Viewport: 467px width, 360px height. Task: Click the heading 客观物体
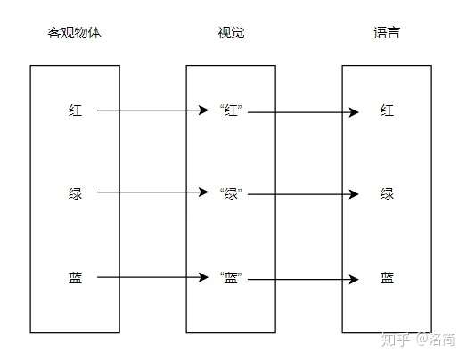[x=75, y=33]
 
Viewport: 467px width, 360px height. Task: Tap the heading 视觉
[x=231, y=33]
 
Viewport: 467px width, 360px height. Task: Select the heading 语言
[x=387, y=33]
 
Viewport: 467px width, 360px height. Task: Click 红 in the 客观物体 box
[x=75, y=111]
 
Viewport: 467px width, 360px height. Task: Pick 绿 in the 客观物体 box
[x=75, y=193]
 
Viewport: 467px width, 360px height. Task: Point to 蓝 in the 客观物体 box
[x=75, y=277]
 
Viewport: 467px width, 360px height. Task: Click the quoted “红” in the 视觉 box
[x=231, y=111]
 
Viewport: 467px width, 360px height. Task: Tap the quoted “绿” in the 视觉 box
[x=231, y=193]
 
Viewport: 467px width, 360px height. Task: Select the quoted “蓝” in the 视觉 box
[x=231, y=277]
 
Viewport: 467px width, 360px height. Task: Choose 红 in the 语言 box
[x=387, y=111]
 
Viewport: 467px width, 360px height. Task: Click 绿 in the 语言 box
[x=387, y=193]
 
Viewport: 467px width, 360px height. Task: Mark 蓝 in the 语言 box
[x=387, y=277]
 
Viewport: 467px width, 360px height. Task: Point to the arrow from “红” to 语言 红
[x=303, y=112]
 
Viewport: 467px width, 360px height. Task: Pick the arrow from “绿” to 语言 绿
[x=303, y=193]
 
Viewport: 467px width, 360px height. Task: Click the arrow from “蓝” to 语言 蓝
[x=303, y=279]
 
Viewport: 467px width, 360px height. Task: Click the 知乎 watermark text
[x=395, y=339]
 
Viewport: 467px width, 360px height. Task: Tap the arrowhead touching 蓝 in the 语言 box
[x=355, y=279]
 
